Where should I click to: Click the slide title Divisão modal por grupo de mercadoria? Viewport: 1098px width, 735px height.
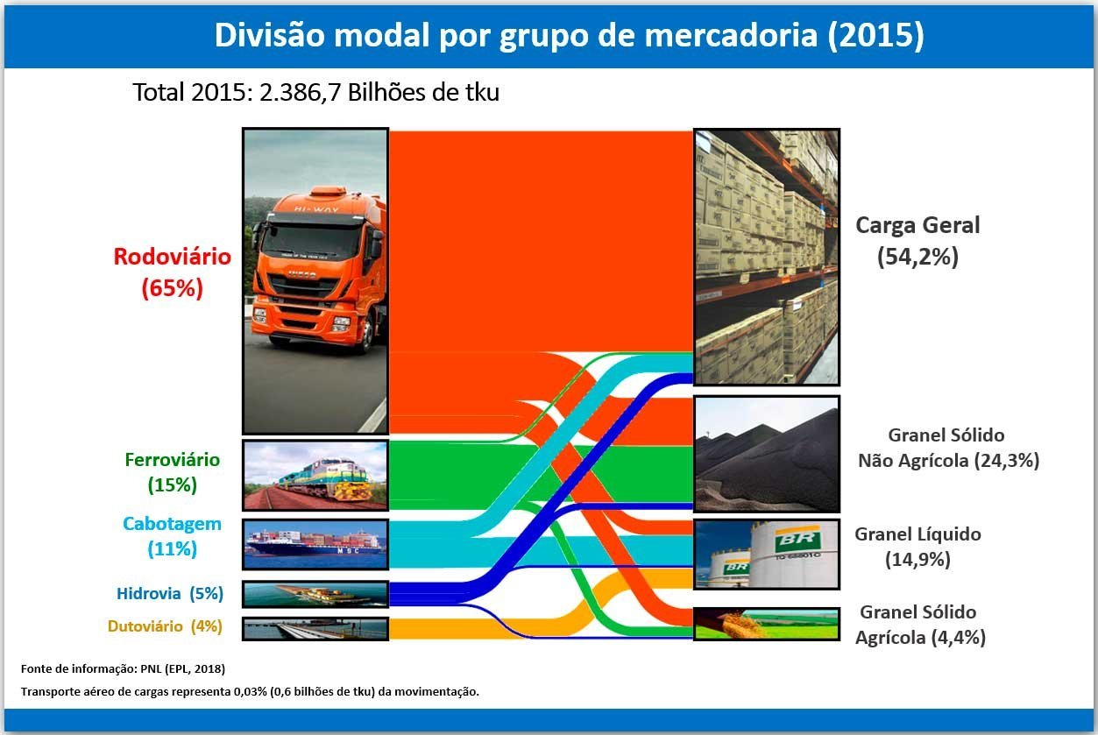tap(569, 35)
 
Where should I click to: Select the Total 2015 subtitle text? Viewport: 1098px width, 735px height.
tap(316, 93)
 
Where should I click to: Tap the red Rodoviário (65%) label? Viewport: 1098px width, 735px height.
tap(172, 272)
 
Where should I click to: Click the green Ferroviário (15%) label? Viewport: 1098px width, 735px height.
tap(172, 472)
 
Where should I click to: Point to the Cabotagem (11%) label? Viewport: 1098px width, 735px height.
tap(172, 536)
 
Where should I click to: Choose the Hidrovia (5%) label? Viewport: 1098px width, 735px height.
tap(170, 593)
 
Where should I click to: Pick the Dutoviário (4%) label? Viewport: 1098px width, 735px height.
tap(165, 626)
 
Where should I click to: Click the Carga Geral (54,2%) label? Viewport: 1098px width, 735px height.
tap(917, 241)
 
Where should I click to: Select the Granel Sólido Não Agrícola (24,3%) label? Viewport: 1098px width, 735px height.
tap(948, 448)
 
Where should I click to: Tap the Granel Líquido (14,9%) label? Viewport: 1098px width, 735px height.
tap(917, 547)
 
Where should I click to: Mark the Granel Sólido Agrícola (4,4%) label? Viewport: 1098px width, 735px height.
tap(920, 625)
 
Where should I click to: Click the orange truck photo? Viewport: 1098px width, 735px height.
tap(315, 281)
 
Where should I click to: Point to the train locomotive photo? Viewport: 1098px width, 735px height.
tap(315, 476)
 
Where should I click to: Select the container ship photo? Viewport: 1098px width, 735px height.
tap(315, 544)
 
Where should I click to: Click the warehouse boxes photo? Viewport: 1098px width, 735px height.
tap(767, 258)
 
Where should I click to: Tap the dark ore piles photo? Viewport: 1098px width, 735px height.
tap(767, 455)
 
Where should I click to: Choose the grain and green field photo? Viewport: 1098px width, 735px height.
tap(767, 624)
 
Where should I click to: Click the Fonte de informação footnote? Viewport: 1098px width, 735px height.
tap(123, 668)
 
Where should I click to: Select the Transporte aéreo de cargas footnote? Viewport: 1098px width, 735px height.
tap(250, 692)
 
